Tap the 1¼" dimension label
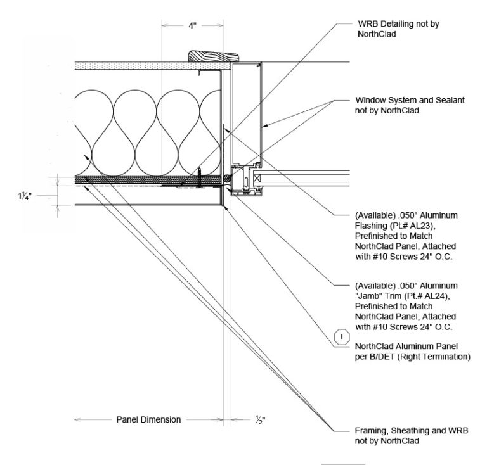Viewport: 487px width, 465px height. click(x=26, y=196)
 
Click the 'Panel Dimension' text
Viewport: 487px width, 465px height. click(x=148, y=419)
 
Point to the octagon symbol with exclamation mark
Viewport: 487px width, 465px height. click(x=342, y=337)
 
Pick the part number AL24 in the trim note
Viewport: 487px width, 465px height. click(x=430, y=296)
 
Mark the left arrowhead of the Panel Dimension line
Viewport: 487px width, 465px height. click(x=77, y=419)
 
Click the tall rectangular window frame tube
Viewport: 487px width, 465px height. click(x=246, y=111)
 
